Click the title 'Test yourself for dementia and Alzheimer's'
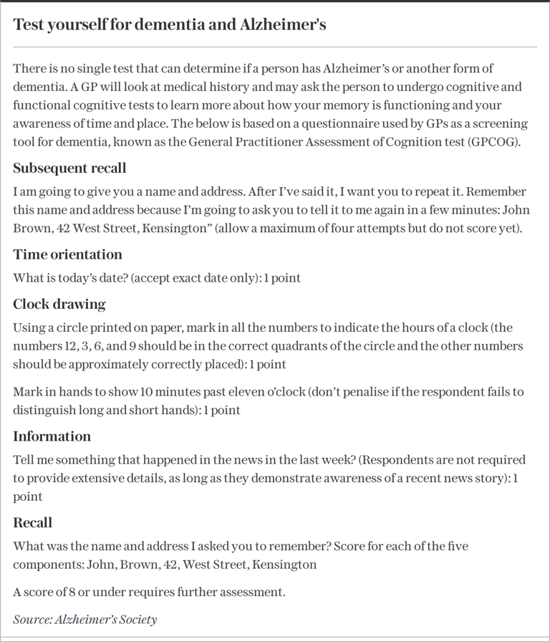170,25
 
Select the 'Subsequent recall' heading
69,168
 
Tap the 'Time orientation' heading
67,254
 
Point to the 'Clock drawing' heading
59,304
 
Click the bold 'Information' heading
52,436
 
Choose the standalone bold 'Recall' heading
32,522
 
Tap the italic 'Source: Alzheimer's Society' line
85,619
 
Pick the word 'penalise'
353,393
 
